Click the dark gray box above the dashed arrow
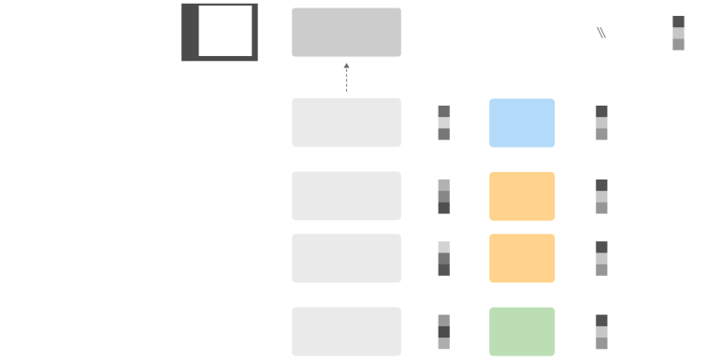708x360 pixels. click(x=346, y=33)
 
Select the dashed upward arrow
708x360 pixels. click(x=346, y=78)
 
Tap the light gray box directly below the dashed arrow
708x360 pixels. click(x=346, y=122)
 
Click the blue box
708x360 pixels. click(x=521, y=122)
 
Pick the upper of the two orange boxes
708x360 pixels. click(x=521, y=196)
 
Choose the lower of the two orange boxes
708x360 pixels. click(x=521, y=258)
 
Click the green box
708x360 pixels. click(x=521, y=331)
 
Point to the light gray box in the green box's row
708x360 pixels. click(x=346, y=331)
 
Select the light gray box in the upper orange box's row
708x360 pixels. click(x=346, y=196)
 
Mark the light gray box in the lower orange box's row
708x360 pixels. click(x=346, y=258)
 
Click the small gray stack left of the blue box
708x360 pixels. click(x=444, y=122)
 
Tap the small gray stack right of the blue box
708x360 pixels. click(x=601, y=122)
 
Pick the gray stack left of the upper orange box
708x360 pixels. click(x=444, y=196)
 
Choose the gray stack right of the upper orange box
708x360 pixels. click(x=601, y=196)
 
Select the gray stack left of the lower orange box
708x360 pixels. click(x=444, y=258)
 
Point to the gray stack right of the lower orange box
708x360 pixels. click(x=601, y=258)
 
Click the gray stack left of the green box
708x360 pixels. click(x=444, y=331)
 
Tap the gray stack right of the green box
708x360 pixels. click(x=601, y=331)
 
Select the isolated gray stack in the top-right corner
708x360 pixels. click(x=678, y=33)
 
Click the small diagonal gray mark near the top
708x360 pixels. click(x=601, y=33)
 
